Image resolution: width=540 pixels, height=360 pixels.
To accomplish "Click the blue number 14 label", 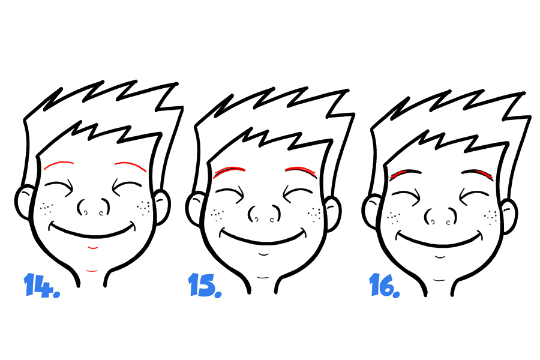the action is (x=41, y=285).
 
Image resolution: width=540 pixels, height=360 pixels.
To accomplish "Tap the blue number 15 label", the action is (x=205, y=285).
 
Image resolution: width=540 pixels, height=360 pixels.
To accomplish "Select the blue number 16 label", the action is (x=385, y=285).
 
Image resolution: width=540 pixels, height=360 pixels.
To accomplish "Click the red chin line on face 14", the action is (x=92, y=247).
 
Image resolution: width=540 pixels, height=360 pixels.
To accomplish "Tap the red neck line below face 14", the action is (x=92, y=271).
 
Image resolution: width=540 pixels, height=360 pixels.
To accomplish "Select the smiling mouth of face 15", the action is (x=263, y=238).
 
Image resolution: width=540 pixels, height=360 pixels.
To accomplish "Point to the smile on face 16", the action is (x=439, y=241).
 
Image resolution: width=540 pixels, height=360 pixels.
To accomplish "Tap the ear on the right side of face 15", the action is (x=332, y=214).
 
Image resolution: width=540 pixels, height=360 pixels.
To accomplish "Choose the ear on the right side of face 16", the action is (x=508, y=217).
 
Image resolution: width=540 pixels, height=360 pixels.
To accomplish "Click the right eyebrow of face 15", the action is (x=301, y=170).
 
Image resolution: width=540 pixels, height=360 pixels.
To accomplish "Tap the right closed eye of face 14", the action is (x=126, y=186).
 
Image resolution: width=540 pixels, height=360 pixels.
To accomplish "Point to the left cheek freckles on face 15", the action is (x=217, y=215).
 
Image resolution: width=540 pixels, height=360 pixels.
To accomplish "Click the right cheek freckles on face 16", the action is (x=491, y=217).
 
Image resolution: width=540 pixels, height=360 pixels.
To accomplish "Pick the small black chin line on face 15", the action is (x=263, y=254).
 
